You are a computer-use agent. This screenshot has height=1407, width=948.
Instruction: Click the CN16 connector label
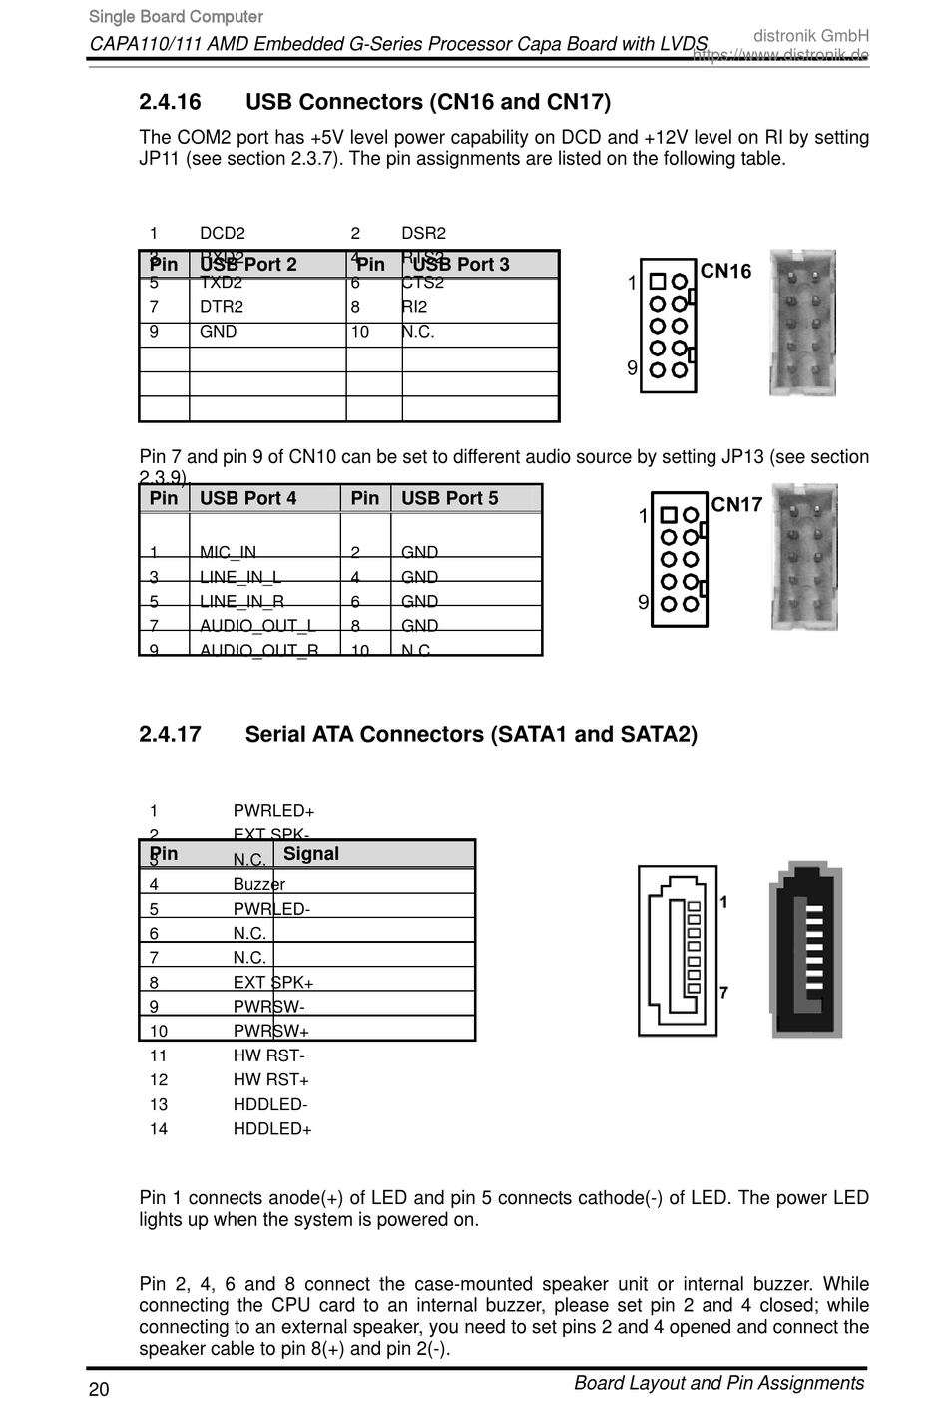pos(725,271)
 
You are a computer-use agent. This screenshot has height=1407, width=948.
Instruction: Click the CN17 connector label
pos(736,504)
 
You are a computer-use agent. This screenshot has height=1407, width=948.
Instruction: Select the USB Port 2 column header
pos(248,264)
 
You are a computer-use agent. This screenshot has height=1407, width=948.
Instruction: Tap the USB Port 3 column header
pos(461,264)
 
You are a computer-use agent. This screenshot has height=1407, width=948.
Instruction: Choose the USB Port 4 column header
pos(248,498)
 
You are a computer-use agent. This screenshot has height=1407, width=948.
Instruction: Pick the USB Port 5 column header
pos(449,498)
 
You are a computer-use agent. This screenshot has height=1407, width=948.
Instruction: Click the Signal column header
pos(311,854)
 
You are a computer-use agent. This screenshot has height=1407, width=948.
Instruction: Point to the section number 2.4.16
pos(170,102)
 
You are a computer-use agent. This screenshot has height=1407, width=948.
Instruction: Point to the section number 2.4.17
pos(170,735)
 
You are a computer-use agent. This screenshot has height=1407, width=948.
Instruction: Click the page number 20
pos(99,1389)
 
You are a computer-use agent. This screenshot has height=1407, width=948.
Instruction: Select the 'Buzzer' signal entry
pos(258,884)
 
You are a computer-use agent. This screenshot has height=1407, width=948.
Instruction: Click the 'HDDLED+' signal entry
pos(272,1129)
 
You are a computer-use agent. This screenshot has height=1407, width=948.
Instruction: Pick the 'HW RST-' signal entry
pos(269,1055)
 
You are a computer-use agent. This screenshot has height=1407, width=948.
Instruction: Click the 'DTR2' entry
pos(222,307)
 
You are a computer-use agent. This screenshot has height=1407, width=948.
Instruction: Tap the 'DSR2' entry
pos(423,233)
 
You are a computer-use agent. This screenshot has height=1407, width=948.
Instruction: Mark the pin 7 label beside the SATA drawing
pos(723,992)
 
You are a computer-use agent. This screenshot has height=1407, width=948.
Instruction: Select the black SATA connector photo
pos(806,950)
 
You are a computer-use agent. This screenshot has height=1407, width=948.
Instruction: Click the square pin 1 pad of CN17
pos(669,516)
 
